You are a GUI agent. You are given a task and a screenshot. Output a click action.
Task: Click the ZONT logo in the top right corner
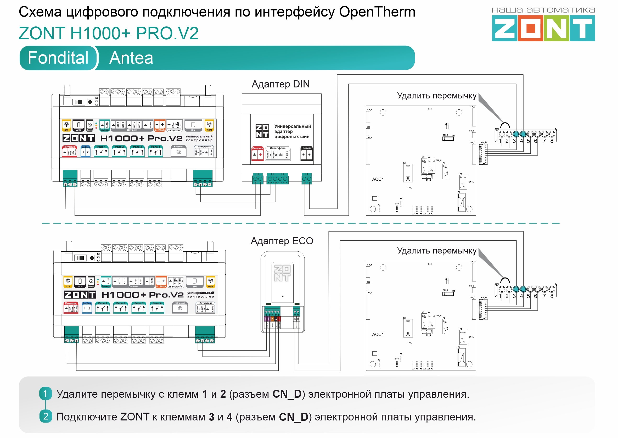click(543, 28)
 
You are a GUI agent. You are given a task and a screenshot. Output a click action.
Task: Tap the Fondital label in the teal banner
click(58, 58)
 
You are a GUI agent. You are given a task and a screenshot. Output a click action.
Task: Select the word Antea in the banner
click(131, 58)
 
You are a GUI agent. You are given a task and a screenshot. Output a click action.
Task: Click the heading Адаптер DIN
click(280, 84)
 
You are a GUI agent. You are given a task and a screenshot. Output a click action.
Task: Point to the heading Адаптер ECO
click(282, 241)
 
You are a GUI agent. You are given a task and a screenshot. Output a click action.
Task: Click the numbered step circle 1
click(45, 394)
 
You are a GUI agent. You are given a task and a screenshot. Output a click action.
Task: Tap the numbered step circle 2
click(46, 417)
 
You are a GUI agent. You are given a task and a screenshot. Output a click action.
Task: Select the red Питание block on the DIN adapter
click(257, 153)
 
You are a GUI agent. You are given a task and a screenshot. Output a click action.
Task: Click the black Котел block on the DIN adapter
click(306, 153)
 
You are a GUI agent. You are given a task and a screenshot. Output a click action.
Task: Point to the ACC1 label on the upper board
click(378, 179)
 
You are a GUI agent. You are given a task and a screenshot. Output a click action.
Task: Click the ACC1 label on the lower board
click(378, 334)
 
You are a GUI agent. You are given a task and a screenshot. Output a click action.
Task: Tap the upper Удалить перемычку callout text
click(437, 96)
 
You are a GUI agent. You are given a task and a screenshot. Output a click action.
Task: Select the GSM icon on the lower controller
click(211, 282)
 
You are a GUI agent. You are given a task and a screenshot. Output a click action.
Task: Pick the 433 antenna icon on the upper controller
click(66, 126)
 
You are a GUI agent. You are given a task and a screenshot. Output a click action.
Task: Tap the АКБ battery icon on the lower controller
click(80, 282)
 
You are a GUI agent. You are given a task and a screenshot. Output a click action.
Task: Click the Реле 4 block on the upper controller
click(155, 151)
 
